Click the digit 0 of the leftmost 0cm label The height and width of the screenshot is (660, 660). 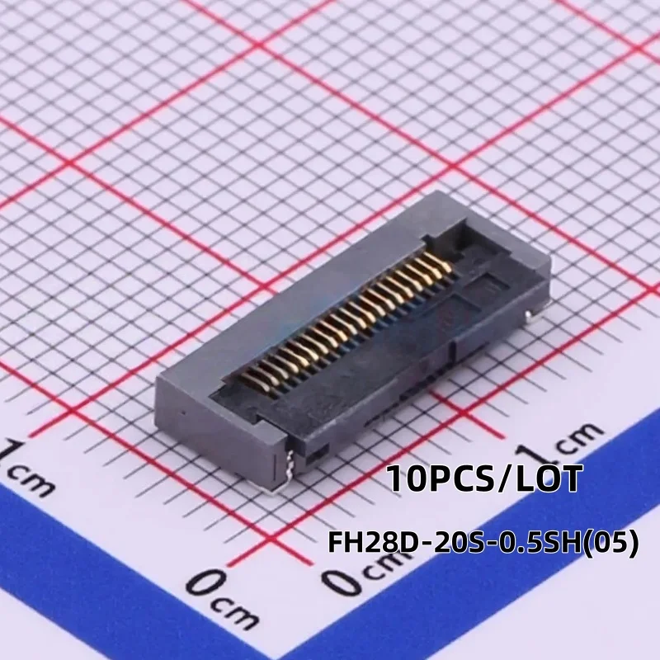[x=202, y=584]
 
